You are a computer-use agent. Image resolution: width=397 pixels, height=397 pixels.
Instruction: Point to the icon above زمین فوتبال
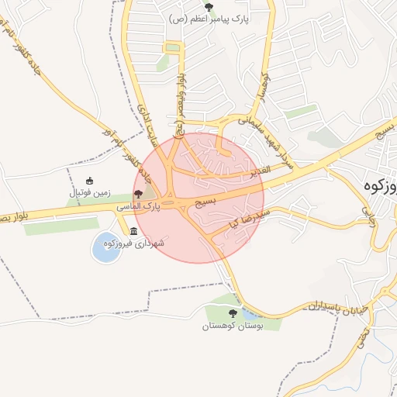coord(89,181)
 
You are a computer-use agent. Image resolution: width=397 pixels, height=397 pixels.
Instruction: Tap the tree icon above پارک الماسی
coord(138,195)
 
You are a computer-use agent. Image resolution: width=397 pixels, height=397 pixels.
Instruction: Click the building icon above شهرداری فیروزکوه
coord(134,232)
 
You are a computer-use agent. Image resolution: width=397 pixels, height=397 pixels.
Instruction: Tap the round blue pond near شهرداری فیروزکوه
coord(106,247)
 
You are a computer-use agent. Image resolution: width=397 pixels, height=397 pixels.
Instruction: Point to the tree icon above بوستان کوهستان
coord(233,313)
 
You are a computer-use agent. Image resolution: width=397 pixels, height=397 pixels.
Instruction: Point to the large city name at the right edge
coord(379,186)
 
